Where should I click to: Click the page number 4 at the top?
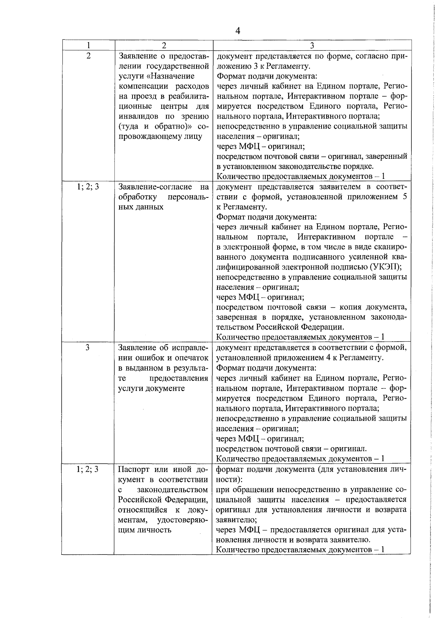click(x=238, y=31)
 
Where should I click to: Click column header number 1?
click(x=88, y=45)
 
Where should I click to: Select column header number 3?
click(x=312, y=45)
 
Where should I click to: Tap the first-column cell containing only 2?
click(x=88, y=56)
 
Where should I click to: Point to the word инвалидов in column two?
click(x=137, y=116)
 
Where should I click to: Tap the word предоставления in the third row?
click(x=178, y=378)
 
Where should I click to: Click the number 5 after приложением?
click(x=404, y=197)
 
